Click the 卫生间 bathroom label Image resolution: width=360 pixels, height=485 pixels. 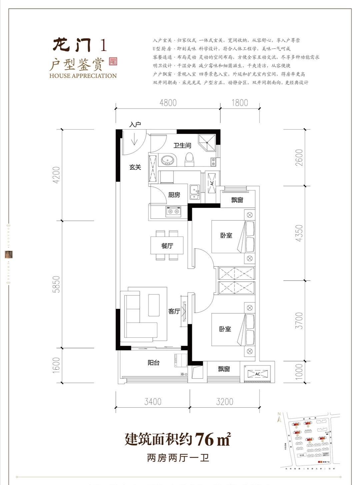tap(182, 146)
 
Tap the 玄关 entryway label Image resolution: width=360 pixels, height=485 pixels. tap(135, 167)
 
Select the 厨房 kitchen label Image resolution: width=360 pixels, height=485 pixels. tap(174, 195)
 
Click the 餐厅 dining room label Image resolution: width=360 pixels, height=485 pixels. tap(167, 246)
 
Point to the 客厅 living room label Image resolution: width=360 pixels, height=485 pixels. tap(174, 311)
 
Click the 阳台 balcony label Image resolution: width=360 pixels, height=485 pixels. tap(153, 363)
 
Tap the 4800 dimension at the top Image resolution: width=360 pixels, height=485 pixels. tap(168, 103)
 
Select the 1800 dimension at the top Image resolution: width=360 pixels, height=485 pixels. tap(240, 103)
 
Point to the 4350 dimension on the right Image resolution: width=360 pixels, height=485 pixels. tap(299, 233)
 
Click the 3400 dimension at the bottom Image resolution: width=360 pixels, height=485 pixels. tap(153, 401)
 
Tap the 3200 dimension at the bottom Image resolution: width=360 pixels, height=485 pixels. tap(224, 401)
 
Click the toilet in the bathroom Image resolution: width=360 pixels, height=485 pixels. tap(190, 160)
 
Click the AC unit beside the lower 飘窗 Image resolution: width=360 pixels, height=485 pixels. tap(257, 374)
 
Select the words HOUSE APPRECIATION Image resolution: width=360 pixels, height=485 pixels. tap(83, 76)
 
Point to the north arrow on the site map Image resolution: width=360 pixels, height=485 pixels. tap(278, 418)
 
